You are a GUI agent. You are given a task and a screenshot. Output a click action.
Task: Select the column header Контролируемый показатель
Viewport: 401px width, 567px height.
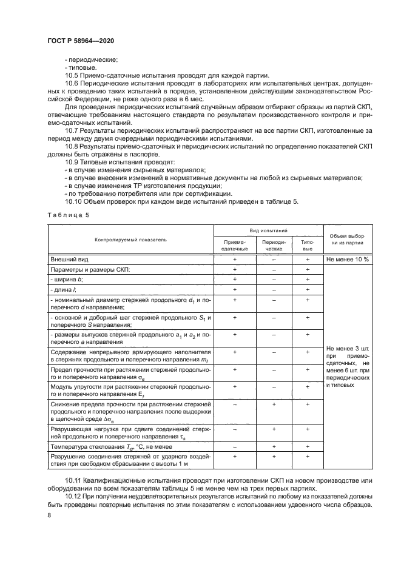pos(130,240)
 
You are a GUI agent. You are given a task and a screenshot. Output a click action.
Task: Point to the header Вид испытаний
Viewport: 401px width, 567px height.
pos(269,231)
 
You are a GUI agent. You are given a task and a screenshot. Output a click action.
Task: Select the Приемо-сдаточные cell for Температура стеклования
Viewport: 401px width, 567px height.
pos(234,447)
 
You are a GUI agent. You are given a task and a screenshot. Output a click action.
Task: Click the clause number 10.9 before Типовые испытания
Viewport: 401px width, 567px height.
pos(72,163)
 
